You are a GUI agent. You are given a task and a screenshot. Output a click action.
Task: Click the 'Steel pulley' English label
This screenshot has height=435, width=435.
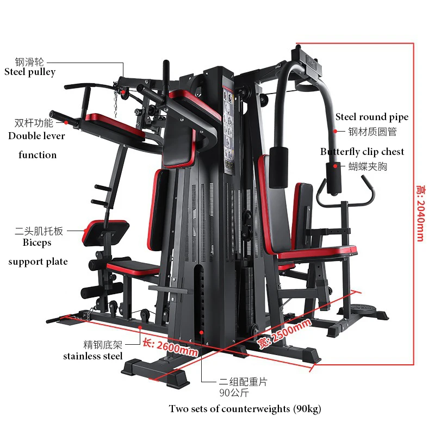coord(30,72)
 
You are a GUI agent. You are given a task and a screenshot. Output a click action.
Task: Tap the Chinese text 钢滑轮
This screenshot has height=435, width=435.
coord(29,62)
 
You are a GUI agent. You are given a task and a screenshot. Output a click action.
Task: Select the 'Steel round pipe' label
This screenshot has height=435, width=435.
coord(371,117)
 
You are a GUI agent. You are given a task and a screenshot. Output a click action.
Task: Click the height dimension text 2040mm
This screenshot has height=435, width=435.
coord(419,213)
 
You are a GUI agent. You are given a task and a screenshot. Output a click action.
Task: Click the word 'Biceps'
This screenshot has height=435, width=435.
coord(37,243)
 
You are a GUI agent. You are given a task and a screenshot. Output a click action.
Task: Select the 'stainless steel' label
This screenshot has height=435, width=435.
coord(92,356)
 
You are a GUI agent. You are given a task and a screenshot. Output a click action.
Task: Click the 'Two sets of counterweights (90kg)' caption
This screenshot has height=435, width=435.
coord(248,409)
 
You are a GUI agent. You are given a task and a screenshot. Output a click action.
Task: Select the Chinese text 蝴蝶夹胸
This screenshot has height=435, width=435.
coord(368,166)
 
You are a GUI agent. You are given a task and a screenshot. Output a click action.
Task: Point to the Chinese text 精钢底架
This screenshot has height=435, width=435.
coord(102,344)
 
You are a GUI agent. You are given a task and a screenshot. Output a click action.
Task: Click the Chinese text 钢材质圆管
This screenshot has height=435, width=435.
coord(372,131)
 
